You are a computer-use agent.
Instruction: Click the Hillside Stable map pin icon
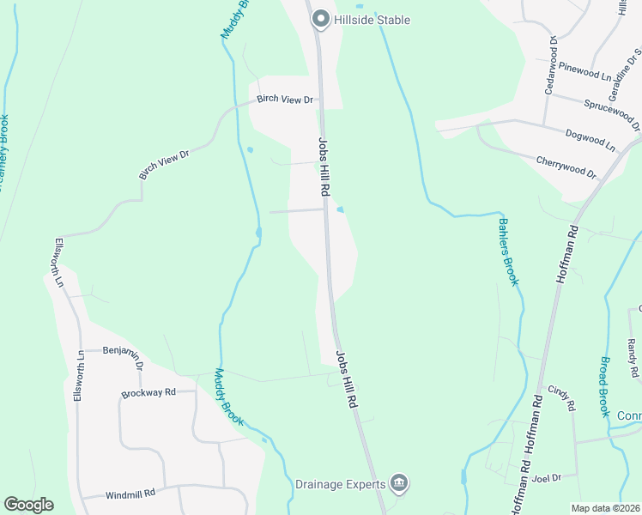tap(321, 18)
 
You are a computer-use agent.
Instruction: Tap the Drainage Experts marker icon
tap(398, 484)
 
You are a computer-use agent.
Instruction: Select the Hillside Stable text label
tap(373, 20)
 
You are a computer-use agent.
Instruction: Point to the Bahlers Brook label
tap(508, 251)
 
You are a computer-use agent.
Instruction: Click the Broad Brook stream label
tap(605, 387)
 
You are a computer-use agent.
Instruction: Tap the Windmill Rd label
tap(130, 494)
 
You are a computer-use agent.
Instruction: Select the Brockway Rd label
tap(148, 392)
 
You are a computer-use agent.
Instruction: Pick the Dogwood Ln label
tap(591, 141)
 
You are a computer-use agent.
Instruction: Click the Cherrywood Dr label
tap(566, 167)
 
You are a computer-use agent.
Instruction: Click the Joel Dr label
tap(546, 477)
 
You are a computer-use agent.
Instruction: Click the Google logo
tap(28, 505)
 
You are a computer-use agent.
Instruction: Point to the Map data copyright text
tap(605, 508)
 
